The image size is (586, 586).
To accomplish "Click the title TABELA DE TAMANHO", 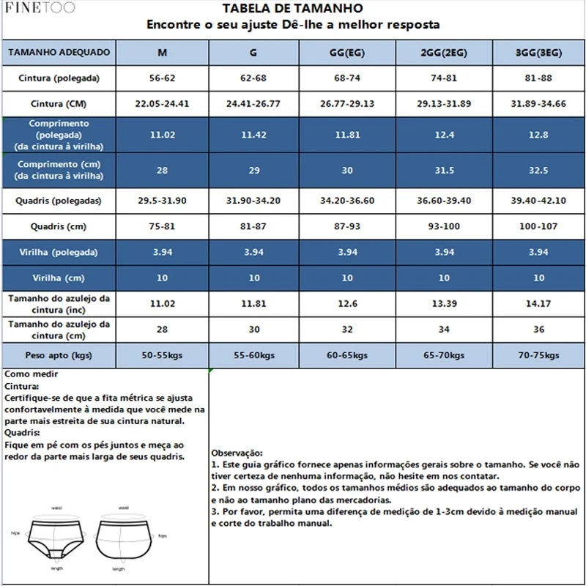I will point(292,9).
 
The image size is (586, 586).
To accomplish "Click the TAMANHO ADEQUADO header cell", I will point(58,53).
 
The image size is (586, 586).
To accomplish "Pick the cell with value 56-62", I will point(162,77).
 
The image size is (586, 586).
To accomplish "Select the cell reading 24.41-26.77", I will point(254,103).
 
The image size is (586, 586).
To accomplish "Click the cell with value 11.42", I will point(254,136).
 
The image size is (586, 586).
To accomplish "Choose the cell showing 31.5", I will point(443,170).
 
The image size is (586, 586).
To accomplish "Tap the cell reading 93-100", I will point(443,226).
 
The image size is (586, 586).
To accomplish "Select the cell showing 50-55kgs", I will point(162,355).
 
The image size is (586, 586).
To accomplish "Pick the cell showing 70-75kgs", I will point(539,355).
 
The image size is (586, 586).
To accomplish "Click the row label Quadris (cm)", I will point(58,226).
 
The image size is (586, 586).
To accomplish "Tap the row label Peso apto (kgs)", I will point(58,355).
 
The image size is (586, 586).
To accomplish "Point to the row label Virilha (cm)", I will point(58,278).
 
